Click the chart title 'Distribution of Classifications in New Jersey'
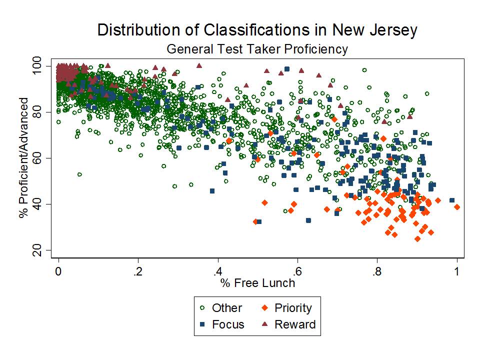pyautogui.click(x=257, y=30)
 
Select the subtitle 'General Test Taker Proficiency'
pyautogui.click(x=257, y=49)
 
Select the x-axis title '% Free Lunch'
pyautogui.click(x=257, y=283)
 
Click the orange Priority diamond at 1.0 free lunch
pyautogui.click(x=457, y=206)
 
